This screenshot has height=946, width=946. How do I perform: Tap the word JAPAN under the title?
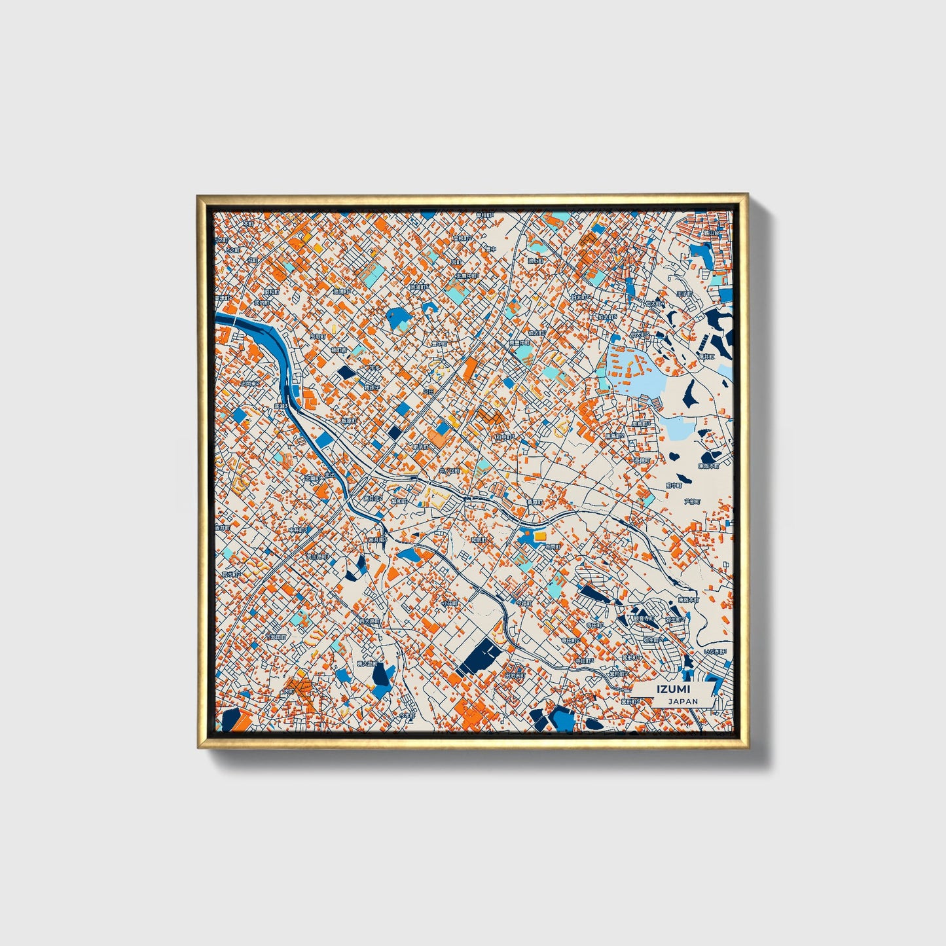683,701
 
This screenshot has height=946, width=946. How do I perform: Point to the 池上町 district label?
536,260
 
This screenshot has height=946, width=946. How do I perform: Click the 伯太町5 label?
606,317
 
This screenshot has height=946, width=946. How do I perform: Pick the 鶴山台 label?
711,232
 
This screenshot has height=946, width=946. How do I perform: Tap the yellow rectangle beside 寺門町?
539,536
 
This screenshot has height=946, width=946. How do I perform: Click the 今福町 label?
524,603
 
